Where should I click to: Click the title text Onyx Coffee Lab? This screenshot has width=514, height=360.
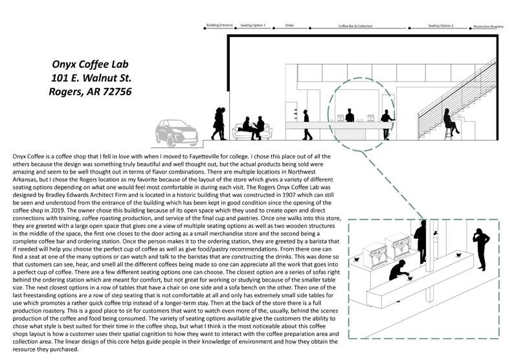[91, 64]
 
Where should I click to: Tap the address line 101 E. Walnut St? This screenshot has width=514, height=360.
[91, 78]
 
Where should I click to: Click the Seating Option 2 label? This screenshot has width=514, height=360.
[440, 26]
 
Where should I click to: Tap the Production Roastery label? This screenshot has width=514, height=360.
[489, 27]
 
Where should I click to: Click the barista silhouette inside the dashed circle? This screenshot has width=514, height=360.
[350, 115]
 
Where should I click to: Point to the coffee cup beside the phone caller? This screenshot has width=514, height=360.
[458, 257]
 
